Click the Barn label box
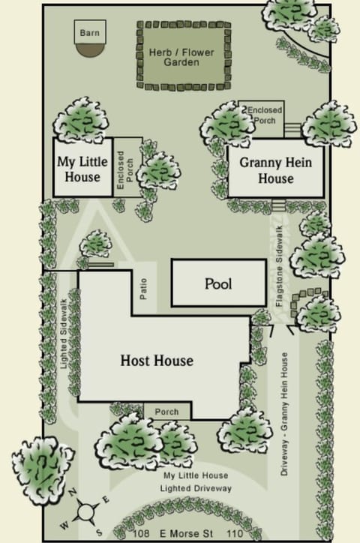tap(89, 32)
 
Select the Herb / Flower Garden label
tap(183, 56)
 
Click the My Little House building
tap(82, 169)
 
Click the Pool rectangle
tap(218, 283)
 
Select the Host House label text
tap(157, 361)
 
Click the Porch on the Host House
tap(167, 411)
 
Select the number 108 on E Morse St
tap(125, 532)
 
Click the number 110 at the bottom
tap(234, 532)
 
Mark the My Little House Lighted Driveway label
tap(196, 482)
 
